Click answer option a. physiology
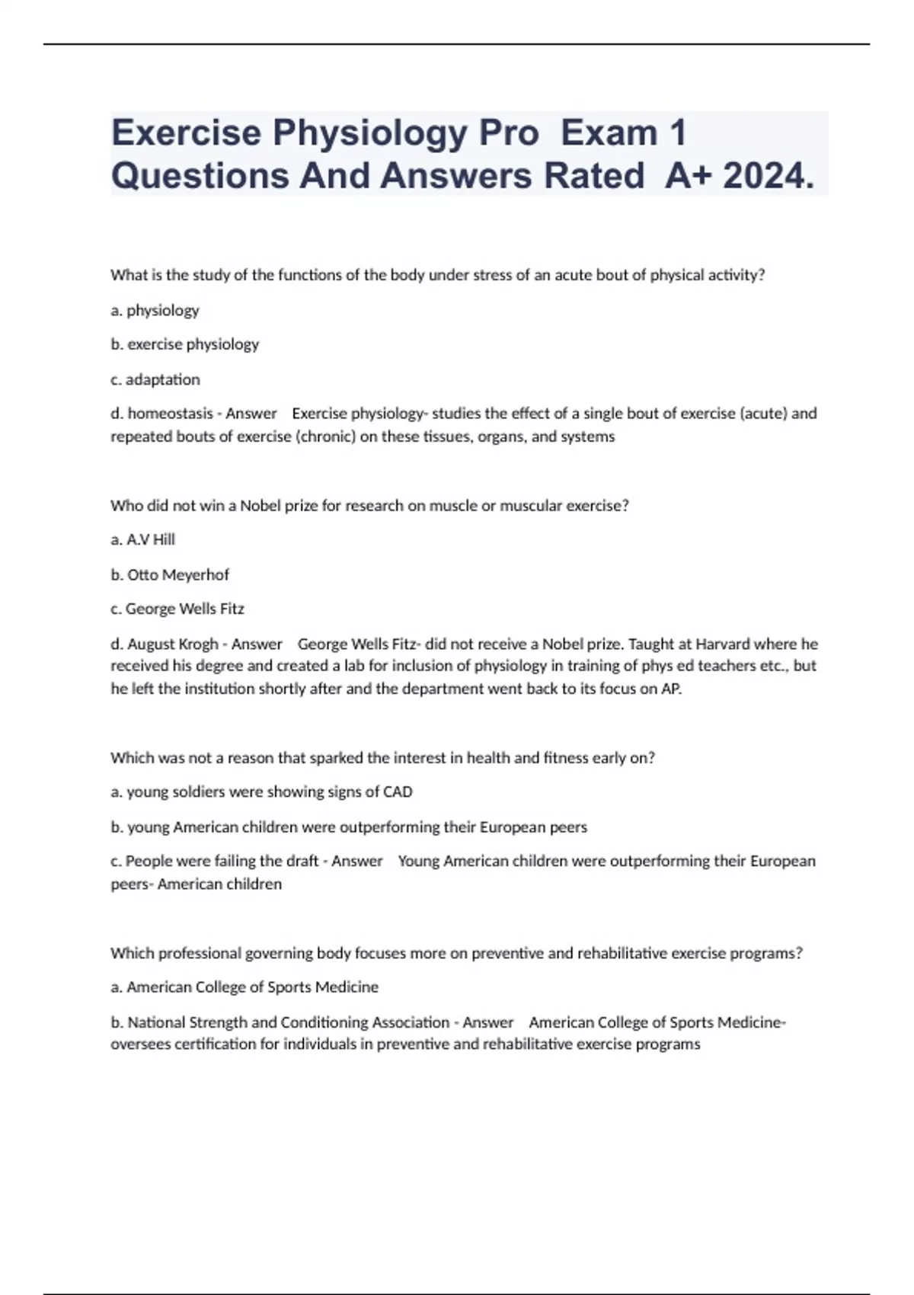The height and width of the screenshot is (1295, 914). click(x=155, y=310)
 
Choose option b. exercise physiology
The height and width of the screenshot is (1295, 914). click(x=185, y=344)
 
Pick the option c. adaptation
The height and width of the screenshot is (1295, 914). click(x=155, y=379)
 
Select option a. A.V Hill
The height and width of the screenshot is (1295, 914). click(x=143, y=539)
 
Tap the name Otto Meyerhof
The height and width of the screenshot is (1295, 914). click(x=177, y=574)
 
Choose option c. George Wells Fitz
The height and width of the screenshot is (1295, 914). click(x=177, y=609)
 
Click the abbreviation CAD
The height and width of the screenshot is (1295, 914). click(x=398, y=792)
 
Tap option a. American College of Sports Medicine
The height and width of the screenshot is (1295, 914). click(x=244, y=987)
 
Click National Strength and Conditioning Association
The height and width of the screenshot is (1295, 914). click(x=288, y=1022)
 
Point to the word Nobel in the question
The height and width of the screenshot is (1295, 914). click(x=260, y=506)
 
